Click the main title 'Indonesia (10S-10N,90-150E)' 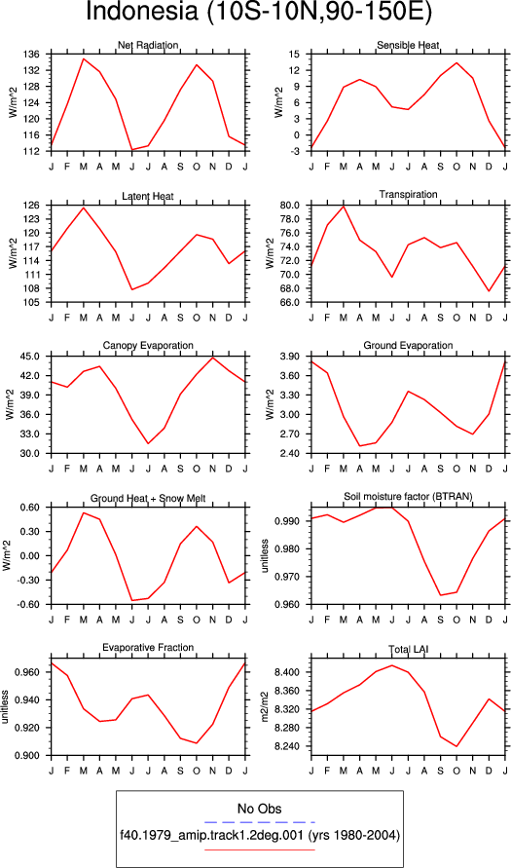pos(258,13)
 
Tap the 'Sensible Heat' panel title pos(408,45)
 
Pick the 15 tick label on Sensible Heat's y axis pos(294,55)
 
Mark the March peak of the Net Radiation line pos(84,58)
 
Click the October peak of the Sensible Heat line pos(456,62)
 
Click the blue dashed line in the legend pos(259,821)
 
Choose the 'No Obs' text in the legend pos(259,809)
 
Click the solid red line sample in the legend pos(259,849)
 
